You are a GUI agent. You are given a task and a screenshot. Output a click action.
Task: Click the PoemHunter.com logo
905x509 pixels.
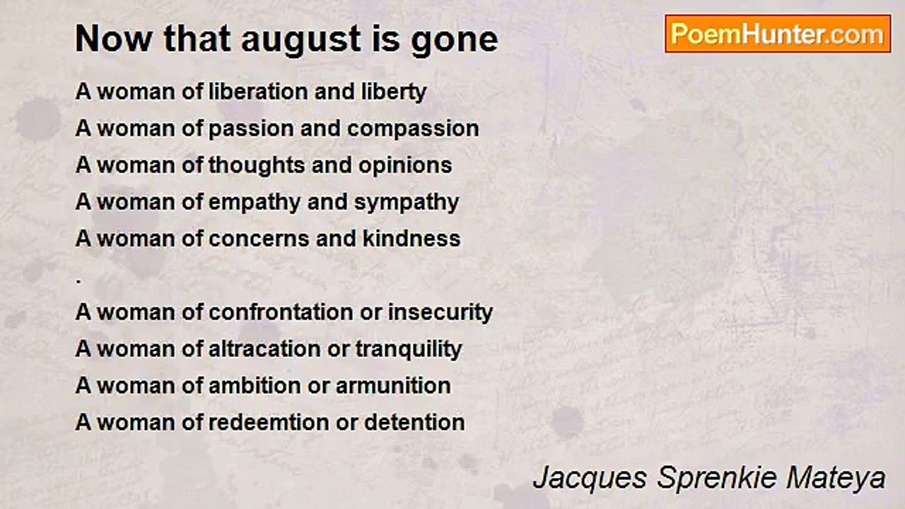coord(778,34)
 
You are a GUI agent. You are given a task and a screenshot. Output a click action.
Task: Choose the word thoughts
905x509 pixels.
coord(257,166)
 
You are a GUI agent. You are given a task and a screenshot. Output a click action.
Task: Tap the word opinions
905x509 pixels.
coord(405,166)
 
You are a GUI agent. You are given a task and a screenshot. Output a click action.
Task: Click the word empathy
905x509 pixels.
coord(255,203)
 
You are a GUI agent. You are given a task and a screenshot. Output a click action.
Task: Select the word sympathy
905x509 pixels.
coord(407,203)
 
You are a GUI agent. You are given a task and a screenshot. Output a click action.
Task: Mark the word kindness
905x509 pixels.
coord(411,238)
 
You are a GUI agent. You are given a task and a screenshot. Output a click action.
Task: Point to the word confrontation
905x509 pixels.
coord(281,312)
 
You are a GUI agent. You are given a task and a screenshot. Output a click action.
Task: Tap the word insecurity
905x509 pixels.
coord(440,313)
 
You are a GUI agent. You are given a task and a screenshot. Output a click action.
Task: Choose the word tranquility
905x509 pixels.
coord(409,350)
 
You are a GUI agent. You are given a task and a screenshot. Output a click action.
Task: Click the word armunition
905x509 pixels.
coord(393,385)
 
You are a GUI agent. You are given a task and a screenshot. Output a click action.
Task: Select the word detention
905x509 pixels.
coord(414,422)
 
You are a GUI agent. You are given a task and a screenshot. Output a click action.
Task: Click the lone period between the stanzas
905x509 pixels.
coord(78,281)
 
